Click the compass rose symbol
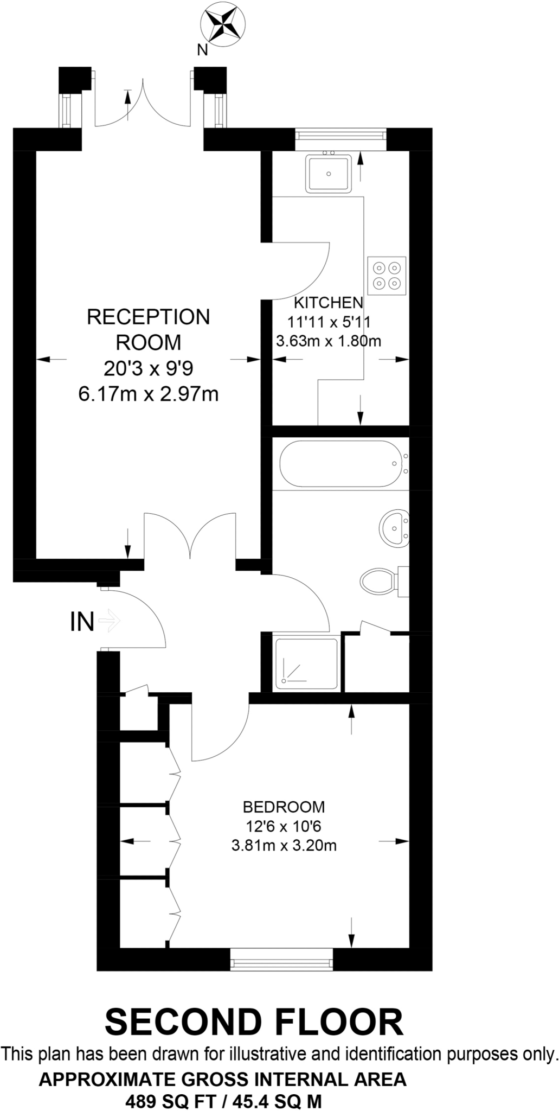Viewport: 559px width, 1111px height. point(223,24)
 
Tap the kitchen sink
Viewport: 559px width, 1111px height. point(329,173)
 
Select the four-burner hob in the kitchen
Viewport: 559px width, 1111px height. point(387,275)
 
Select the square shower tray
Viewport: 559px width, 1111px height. point(307,664)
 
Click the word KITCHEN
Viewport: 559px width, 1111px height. point(328,303)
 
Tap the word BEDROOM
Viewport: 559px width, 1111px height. point(284,807)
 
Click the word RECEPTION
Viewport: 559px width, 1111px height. point(149,317)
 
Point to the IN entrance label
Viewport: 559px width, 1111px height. point(82,622)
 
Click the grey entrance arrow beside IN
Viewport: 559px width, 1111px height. point(111,621)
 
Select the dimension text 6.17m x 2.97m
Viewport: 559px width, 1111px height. point(149,394)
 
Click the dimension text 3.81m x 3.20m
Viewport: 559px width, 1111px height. point(284,845)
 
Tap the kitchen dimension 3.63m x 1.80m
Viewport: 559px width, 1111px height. point(329,341)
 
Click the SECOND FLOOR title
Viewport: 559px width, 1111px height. point(254,1023)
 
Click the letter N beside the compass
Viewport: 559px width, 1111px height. point(202,50)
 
